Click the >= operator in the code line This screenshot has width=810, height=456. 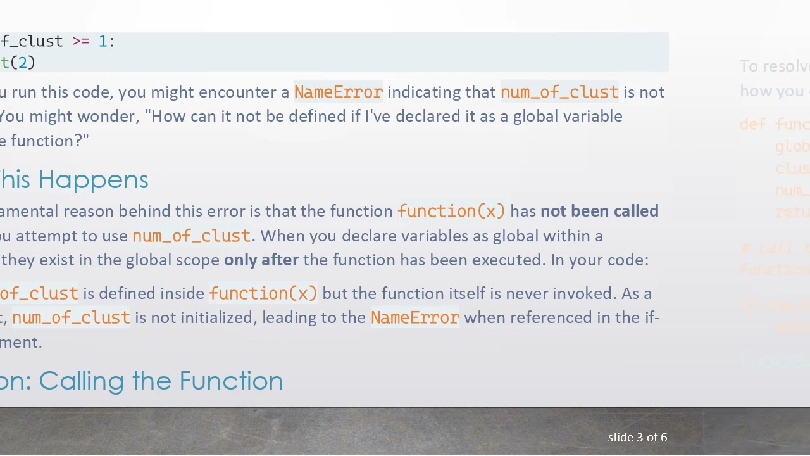[x=81, y=42]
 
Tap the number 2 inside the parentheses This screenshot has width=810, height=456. [x=23, y=63]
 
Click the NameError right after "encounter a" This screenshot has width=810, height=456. [x=338, y=92]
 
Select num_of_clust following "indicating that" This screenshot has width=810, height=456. [x=559, y=92]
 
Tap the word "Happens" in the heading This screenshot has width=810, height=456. [x=93, y=180]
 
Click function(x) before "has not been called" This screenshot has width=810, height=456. [x=451, y=211]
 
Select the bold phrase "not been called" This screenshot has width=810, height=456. [x=599, y=211]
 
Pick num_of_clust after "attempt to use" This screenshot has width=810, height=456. [x=191, y=236]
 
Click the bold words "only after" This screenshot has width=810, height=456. [x=261, y=260]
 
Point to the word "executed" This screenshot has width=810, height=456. [x=511, y=260]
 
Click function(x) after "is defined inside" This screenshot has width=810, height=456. [x=263, y=294]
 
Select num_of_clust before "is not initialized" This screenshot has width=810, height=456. [x=71, y=318]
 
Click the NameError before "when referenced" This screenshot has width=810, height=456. [x=415, y=318]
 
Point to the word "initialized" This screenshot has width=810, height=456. [x=218, y=318]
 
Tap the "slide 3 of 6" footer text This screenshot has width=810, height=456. [x=637, y=438]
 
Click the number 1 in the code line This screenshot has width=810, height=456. [x=103, y=42]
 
